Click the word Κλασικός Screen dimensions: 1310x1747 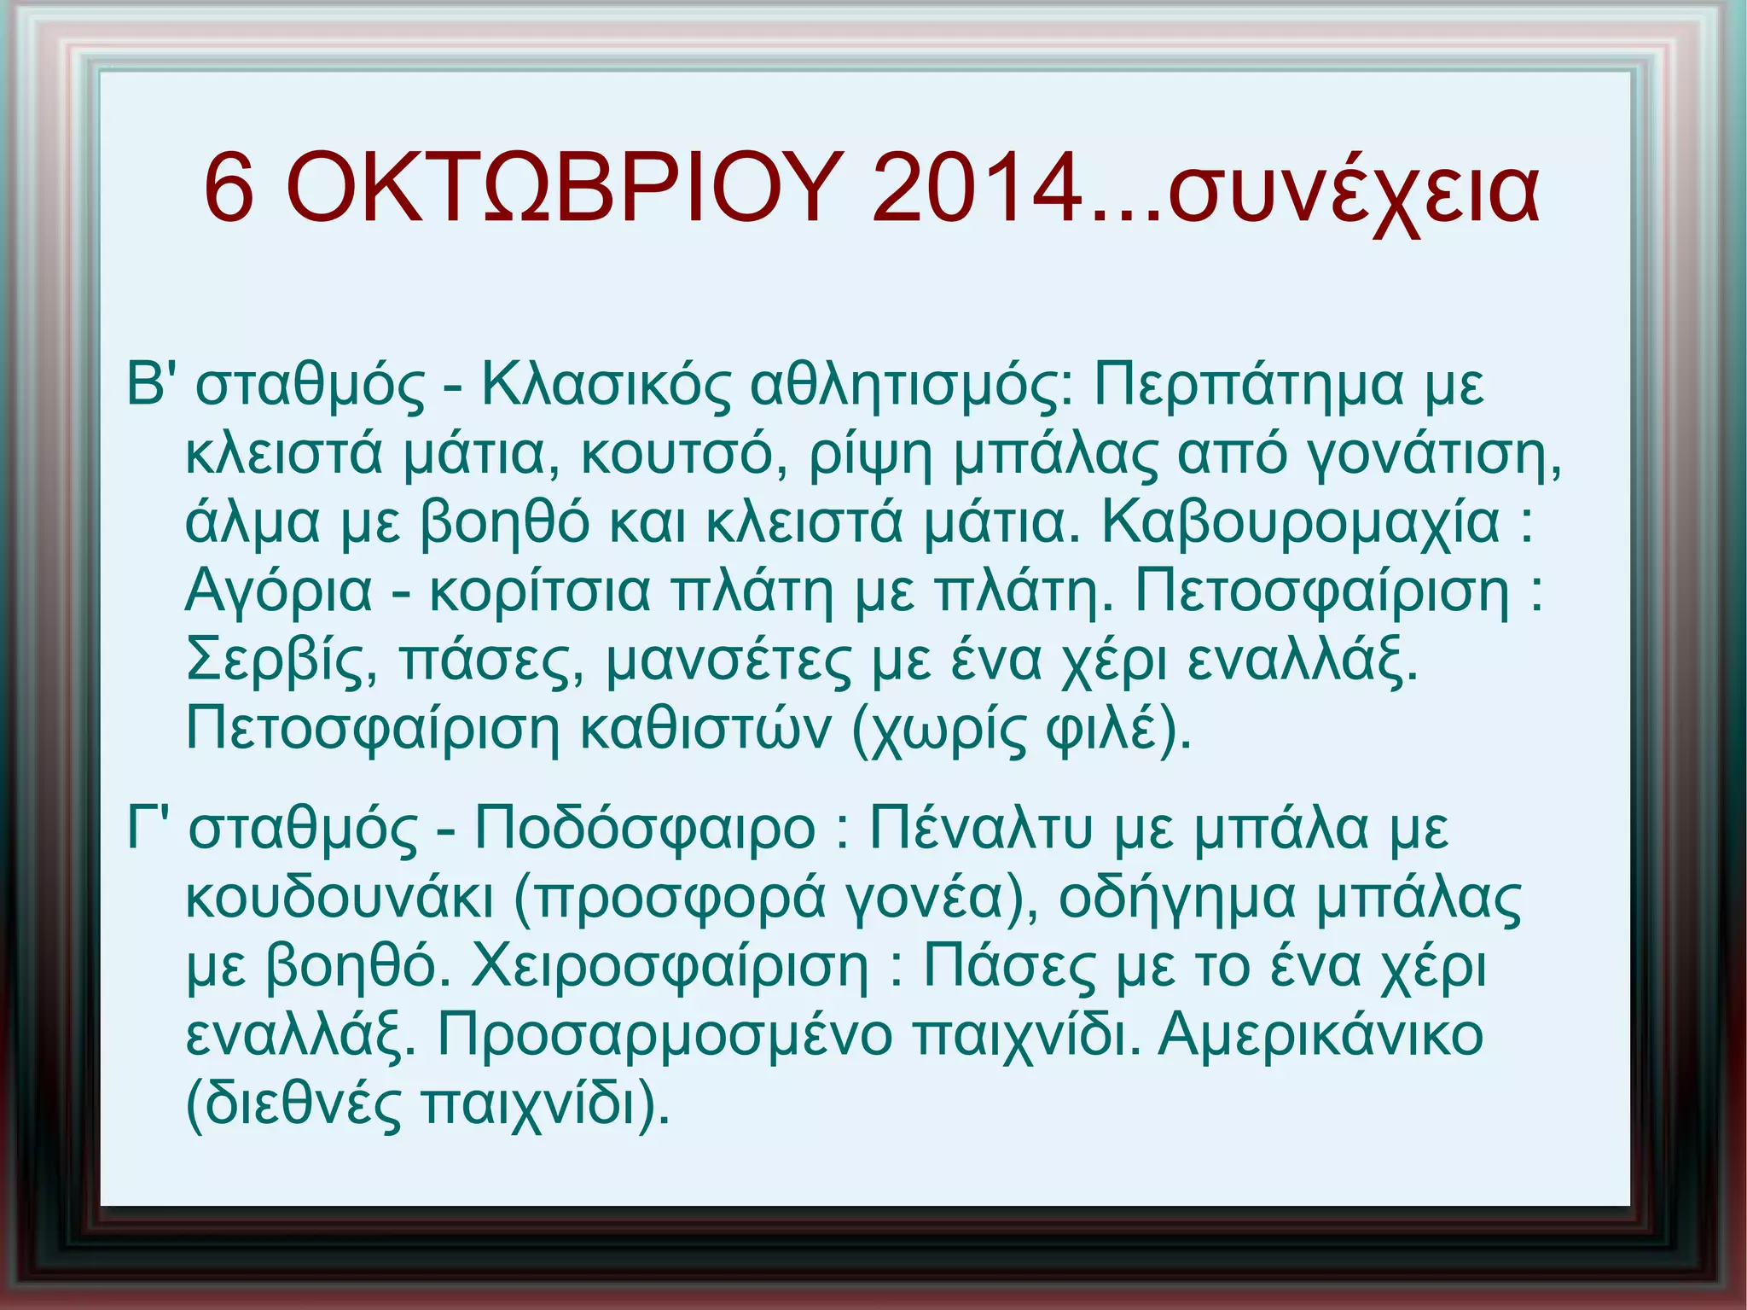tap(606, 383)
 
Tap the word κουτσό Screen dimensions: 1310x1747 tap(686, 453)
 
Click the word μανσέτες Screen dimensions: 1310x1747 tap(728, 660)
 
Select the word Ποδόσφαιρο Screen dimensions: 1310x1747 tap(646, 827)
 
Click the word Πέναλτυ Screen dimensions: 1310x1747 tap(980, 827)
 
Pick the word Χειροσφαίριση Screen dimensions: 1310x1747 tap(670, 966)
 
